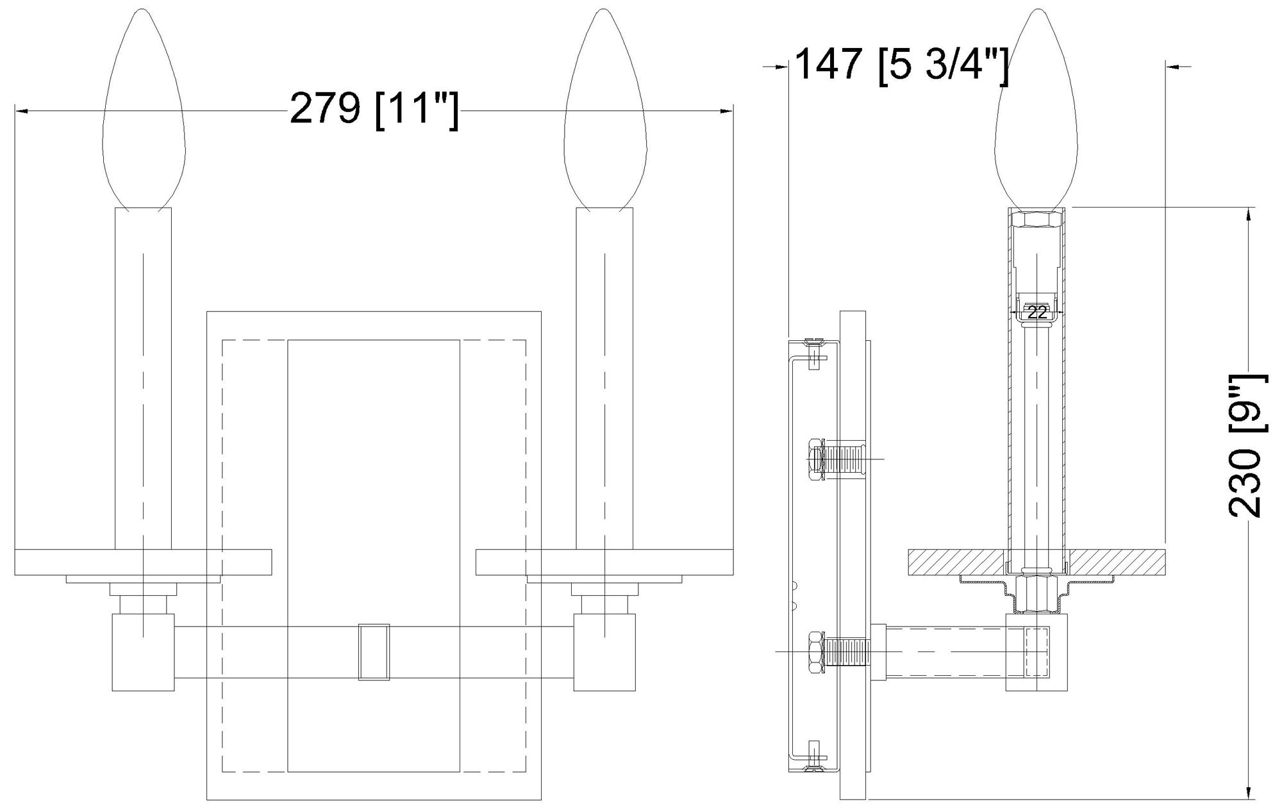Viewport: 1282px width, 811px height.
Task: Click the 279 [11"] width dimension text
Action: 374,110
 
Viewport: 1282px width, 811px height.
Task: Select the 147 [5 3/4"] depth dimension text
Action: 900,64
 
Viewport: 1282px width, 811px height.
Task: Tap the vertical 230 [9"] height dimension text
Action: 1245,446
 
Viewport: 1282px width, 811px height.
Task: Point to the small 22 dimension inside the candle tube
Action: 1036,313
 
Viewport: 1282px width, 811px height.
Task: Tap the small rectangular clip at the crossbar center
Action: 374,651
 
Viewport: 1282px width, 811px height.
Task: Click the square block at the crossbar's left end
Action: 143,652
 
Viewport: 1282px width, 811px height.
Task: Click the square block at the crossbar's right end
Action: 604,652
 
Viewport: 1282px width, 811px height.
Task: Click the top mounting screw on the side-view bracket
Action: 813,351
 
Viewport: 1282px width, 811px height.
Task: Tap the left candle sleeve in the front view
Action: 143,378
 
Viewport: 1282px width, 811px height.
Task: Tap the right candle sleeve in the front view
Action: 604,378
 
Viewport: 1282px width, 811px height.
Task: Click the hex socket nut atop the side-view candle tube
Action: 1036,220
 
